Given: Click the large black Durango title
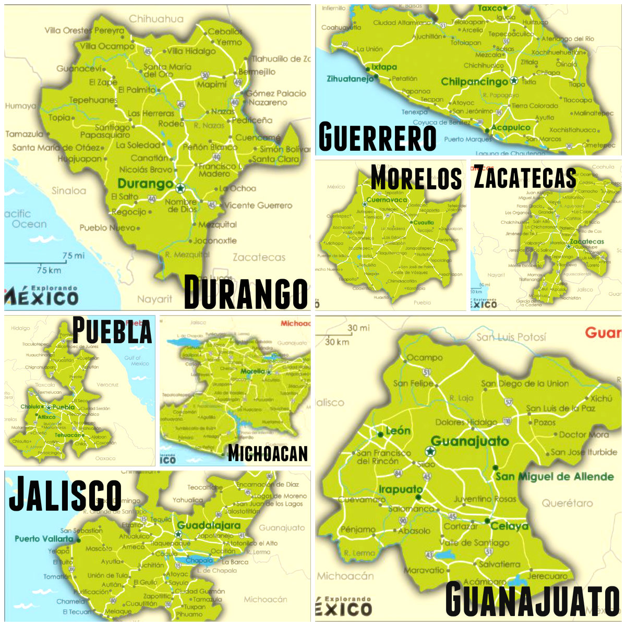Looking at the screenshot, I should (246, 293).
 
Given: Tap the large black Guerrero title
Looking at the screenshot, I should (377, 137).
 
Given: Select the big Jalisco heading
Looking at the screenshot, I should (65, 493).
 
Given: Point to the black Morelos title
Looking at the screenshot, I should (416, 178).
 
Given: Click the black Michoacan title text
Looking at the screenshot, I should (268, 453).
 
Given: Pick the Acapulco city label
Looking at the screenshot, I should (511, 128).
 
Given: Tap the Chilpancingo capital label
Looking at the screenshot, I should (474, 82).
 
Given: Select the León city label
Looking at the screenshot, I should (398, 431).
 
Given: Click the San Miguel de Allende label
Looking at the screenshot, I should (554, 476).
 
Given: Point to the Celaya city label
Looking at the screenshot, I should (509, 526).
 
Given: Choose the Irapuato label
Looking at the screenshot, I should (400, 489).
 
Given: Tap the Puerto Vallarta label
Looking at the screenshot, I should (44, 539).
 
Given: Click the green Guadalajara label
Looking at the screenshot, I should (209, 525).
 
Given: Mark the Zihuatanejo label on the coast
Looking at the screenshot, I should (350, 79).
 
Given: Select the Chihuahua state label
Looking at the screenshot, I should (156, 19).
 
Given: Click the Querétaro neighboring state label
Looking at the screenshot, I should (567, 503).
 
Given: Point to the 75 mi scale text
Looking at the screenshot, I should (73, 256).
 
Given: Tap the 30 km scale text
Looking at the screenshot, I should (336, 342).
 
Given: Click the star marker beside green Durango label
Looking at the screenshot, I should (180, 188).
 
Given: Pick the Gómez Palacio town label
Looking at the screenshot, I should (276, 93).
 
